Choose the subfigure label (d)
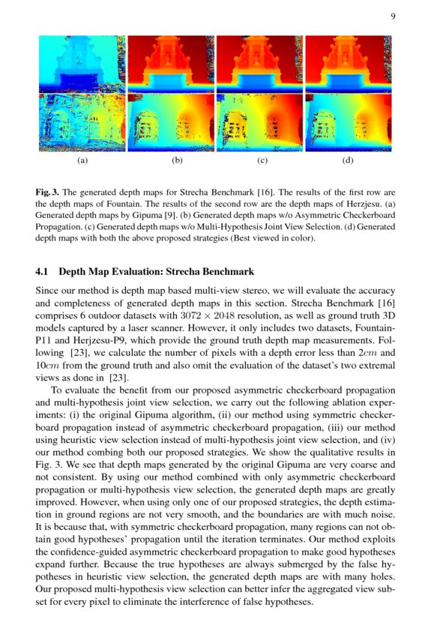pos(348,160)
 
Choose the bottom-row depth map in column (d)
pos(348,122)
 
